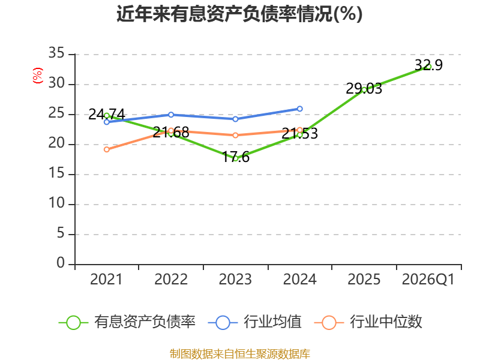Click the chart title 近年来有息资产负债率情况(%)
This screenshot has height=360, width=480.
click(x=239, y=14)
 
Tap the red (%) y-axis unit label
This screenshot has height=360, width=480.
click(x=38, y=76)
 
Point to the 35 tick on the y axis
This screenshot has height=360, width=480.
click(x=56, y=53)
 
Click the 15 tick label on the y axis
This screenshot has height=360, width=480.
click(x=56, y=173)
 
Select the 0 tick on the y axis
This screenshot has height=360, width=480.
click(x=61, y=263)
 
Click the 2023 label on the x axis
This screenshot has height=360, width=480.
click(x=235, y=280)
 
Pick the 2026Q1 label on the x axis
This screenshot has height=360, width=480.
click(x=428, y=280)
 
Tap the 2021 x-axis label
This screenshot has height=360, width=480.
click(x=106, y=280)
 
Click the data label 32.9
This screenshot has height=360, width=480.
click(x=428, y=65)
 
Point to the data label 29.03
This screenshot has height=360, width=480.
click(x=364, y=88)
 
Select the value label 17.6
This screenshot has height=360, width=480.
click(x=236, y=157)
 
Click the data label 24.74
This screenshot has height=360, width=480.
click(x=107, y=115)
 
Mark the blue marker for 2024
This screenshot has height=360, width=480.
click(x=299, y=109)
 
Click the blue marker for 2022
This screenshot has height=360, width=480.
click(x=171, y=115)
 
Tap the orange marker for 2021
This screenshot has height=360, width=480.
click(x=107, y=149)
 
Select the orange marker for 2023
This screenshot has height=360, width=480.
click(x=235, y=136)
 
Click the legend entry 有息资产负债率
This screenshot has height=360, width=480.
click(x=127, y=322)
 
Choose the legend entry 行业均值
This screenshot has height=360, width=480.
click(x=254, y=322)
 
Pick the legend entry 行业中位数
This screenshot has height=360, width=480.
click(x=368, y=322)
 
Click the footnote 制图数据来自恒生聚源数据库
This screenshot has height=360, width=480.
click(x=240, y=353)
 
